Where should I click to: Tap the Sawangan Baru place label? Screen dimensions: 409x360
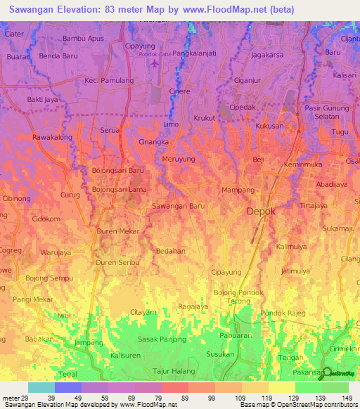[x=179, y=206]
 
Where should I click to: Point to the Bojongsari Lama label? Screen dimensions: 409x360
[x=120, y=190]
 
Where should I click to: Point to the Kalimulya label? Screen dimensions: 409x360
[x=295, y=247]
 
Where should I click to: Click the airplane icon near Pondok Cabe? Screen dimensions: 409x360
[x=155, y=63]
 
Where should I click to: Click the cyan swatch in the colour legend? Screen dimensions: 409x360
[x=41, y=387]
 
